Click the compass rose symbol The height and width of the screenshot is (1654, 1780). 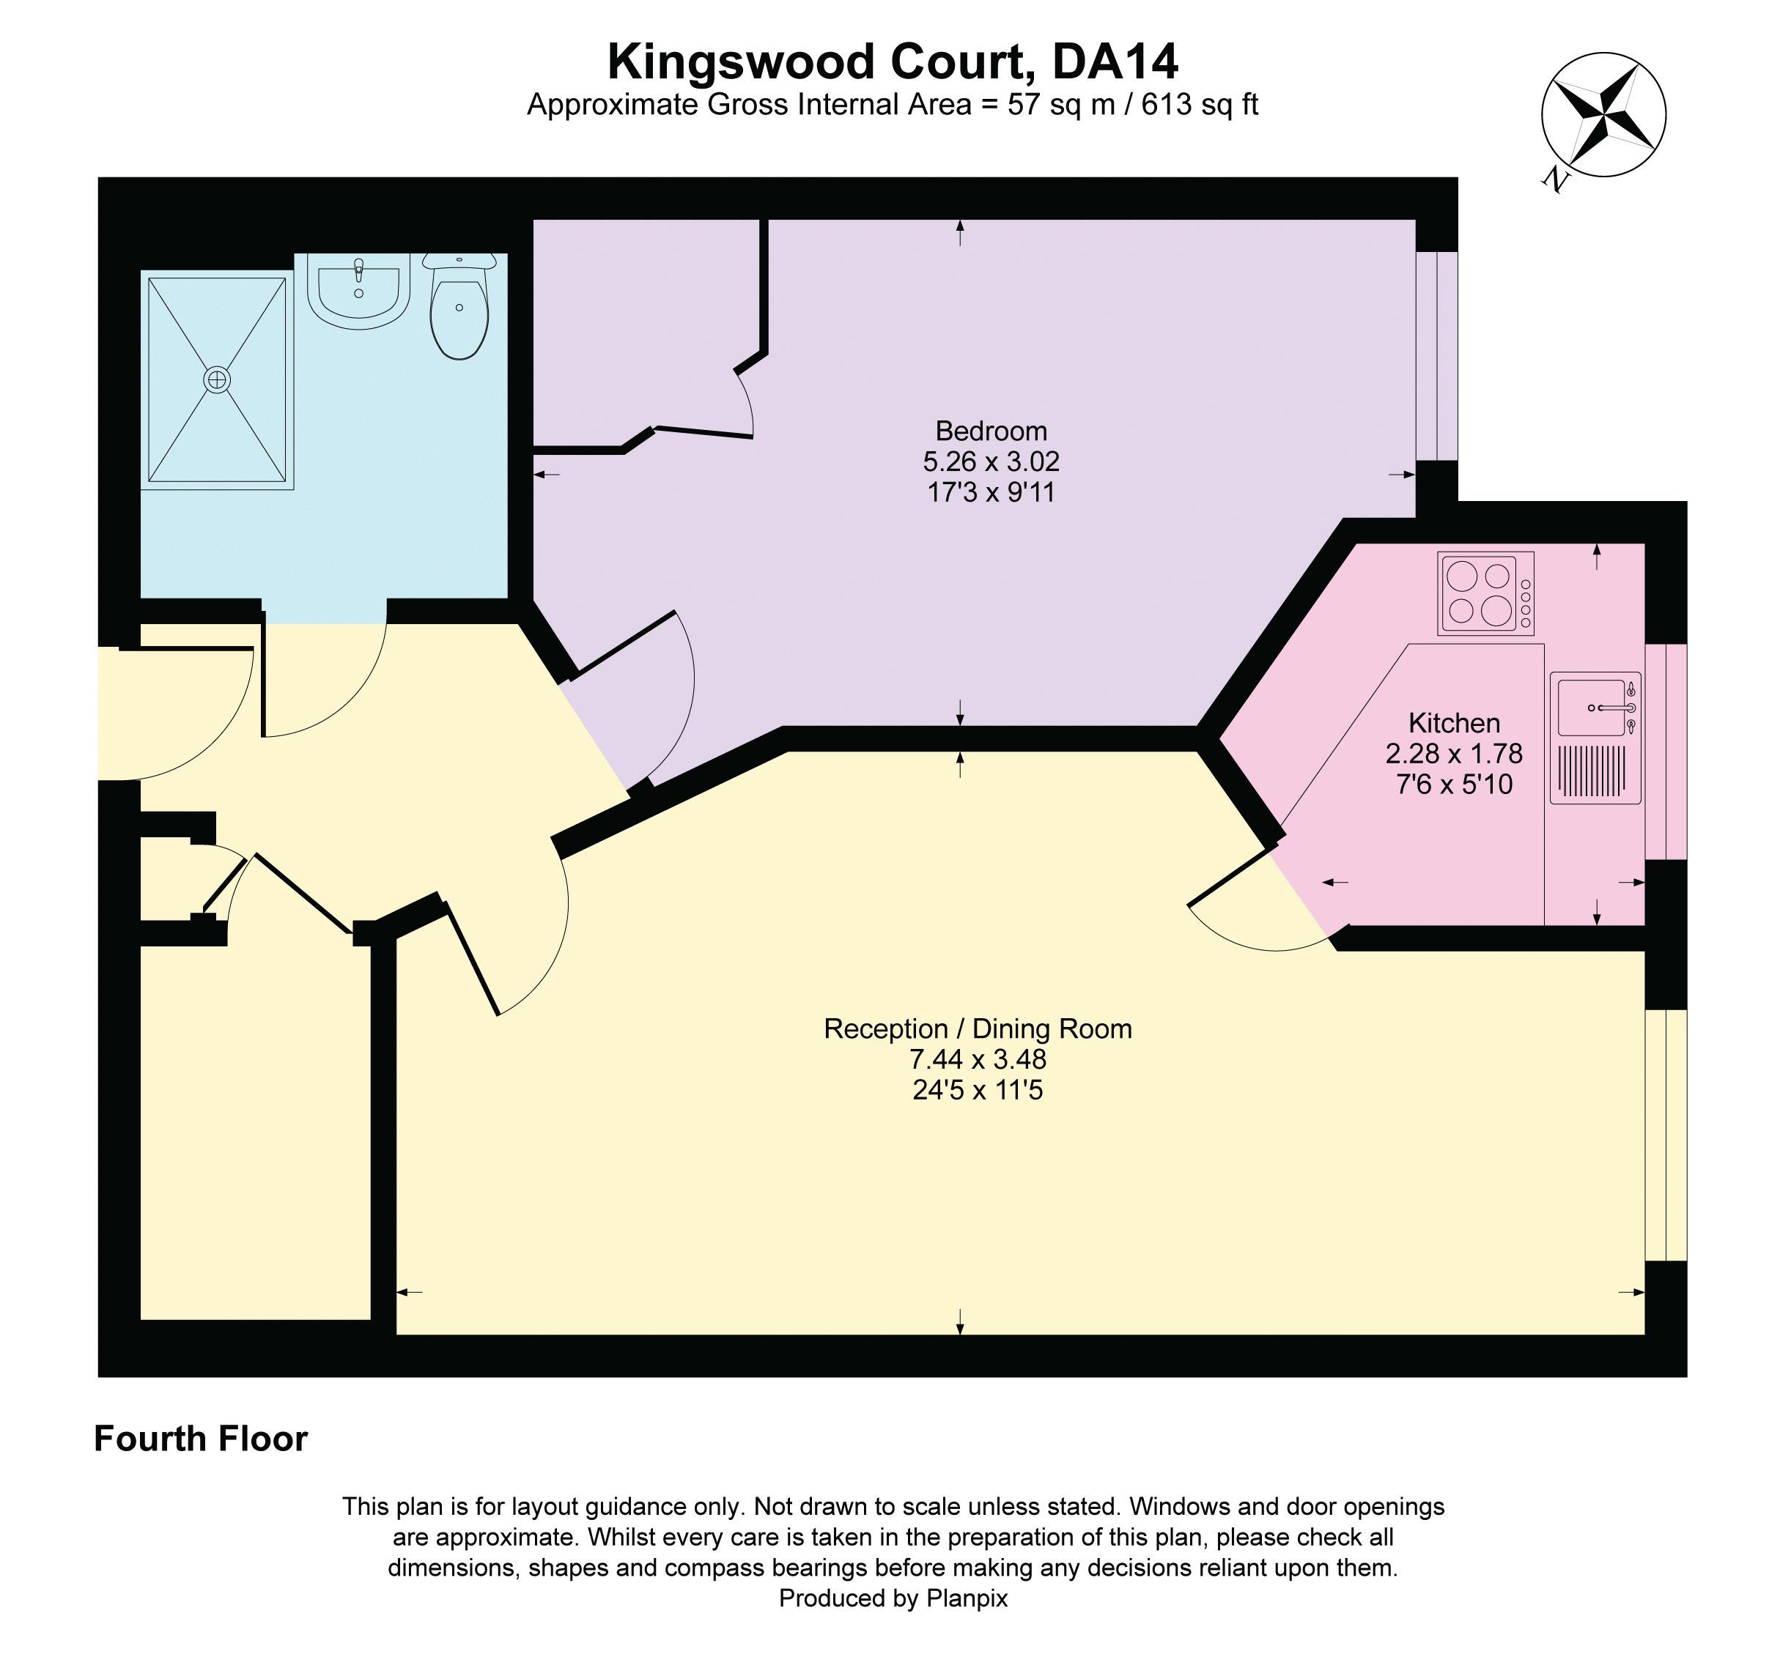tap(1603, 114)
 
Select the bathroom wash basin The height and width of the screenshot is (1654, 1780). tap(358, 288)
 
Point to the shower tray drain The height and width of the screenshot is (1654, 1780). tap(217, 379)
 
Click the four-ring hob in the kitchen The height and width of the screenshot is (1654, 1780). tap(1485, 593)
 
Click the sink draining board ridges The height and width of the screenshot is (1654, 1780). tap(1593, 771)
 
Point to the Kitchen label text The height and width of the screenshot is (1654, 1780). tap(1453, 722)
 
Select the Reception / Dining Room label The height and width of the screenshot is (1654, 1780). tap(977, 1028)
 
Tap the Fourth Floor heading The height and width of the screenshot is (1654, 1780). tap(201, 1439)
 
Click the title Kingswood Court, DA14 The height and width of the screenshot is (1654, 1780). tap(892, 62)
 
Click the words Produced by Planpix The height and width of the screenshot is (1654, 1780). tap(892, 1598)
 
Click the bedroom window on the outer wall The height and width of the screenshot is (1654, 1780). tap(1436, 355)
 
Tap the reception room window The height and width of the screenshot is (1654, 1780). tap(1666, 1135)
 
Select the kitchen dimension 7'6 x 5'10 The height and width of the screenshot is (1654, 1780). tap(1453, 784)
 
